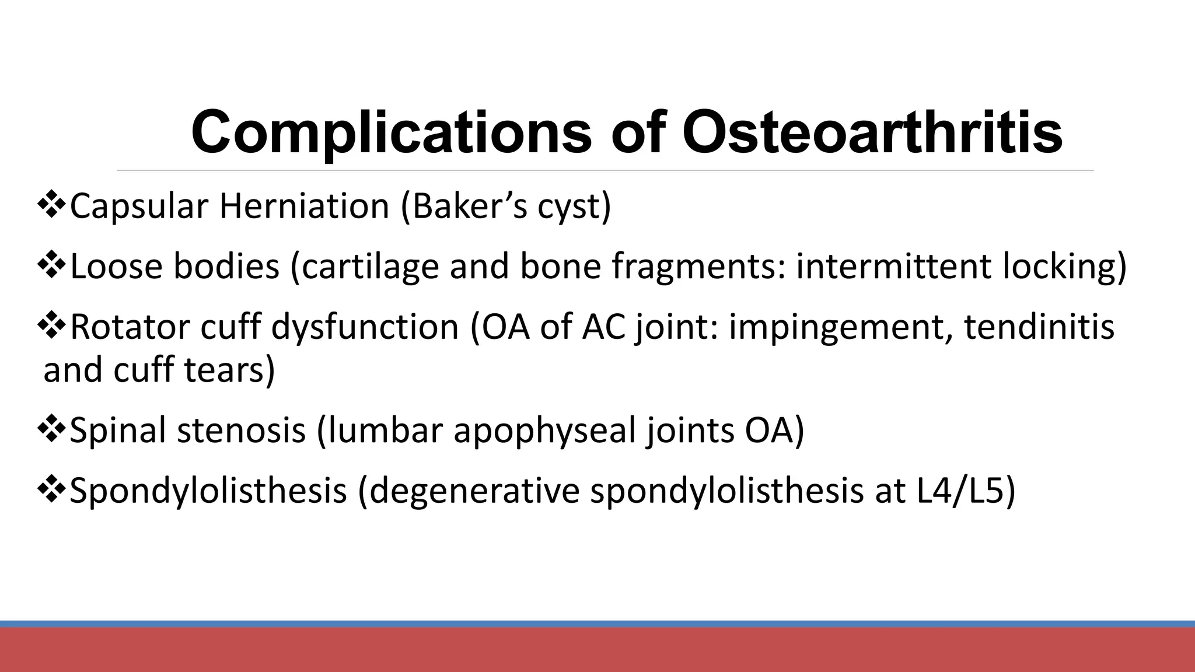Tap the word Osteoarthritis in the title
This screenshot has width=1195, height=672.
pyautogui.click(x=872, y=133)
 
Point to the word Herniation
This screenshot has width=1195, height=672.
pyautogui.click(x=304, y=206)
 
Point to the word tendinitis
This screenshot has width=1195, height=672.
pyautogui.click(x=1039, y=327)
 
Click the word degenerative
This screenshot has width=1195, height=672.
pyautogui.click(x=474, y=491)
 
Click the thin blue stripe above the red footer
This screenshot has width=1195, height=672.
pyautogui.click(x=597, y=624)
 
